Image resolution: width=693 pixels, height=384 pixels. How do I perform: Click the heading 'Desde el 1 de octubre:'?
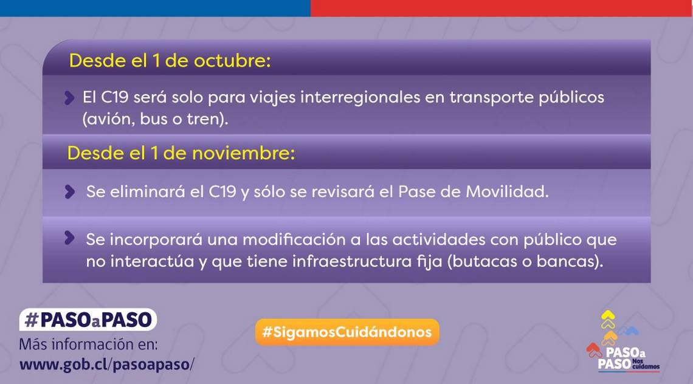tap(170, 61)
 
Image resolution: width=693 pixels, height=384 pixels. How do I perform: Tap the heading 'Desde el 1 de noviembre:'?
tap(181, 153)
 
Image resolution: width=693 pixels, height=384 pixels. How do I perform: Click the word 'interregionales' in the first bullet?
tap(360, 97)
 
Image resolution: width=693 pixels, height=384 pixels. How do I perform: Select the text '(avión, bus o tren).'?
tap(155, 119)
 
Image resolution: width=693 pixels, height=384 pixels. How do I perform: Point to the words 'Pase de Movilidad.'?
tap(474, 192)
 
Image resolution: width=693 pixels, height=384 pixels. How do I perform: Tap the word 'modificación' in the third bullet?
tap(294, 239)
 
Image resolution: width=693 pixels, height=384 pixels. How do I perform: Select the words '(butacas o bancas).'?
tap(525, 262)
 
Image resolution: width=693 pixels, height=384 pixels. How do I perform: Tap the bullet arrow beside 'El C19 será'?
tap(69, 98)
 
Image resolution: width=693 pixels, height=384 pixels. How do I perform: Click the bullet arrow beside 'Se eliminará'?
tap(69, 192)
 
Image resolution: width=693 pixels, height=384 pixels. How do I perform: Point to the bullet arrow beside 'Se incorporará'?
tap(69, 238)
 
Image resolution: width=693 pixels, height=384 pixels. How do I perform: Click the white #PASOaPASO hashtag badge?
tap(88, 320)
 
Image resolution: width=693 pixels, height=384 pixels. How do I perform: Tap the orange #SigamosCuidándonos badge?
tap(347, 332)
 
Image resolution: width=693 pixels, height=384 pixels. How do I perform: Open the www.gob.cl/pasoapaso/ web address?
tap(106, 365)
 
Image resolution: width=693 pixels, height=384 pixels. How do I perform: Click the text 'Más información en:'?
tap(88, 345)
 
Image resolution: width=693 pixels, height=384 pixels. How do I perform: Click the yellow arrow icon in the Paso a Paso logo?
tap(608, 318)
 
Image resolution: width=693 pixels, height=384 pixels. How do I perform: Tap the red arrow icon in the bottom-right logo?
tap(594, 350)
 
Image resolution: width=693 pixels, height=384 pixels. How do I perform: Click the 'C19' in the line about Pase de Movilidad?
tap(222, 192)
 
